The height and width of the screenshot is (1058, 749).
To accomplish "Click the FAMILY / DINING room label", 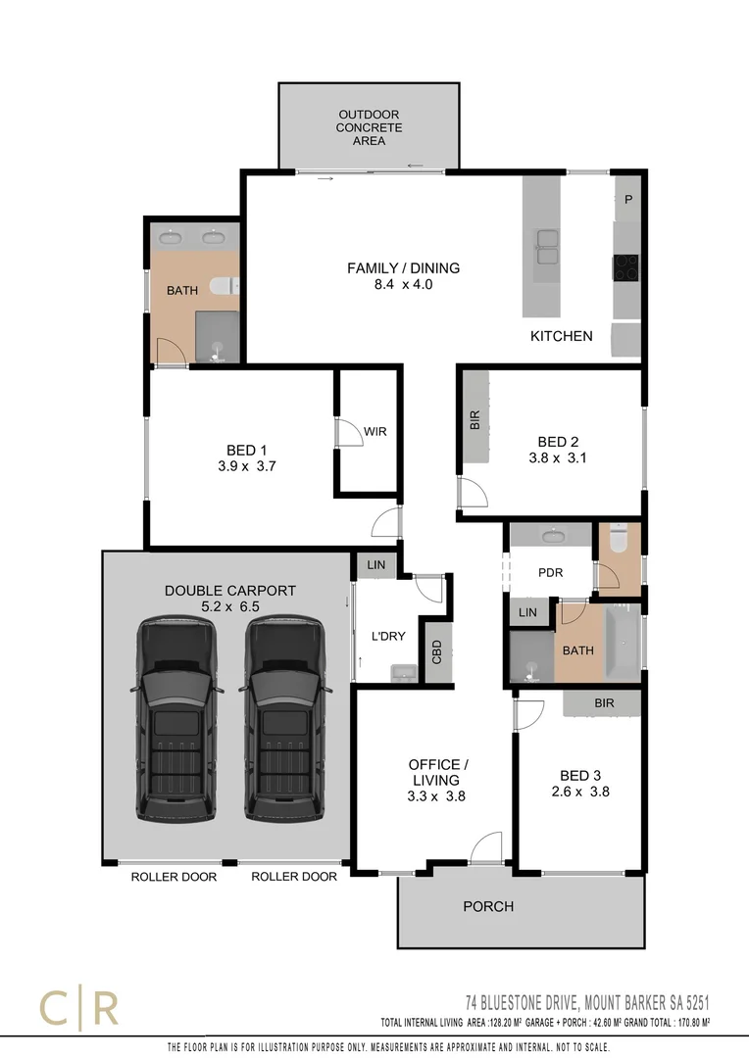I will coord(403,268).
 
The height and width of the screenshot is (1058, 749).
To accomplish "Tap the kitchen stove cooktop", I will coord(626,265).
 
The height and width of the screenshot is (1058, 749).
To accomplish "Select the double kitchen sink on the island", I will coord(546,246).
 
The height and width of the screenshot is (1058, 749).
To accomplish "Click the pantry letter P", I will coord(628,200).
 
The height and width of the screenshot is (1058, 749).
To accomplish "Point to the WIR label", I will coord(375,431).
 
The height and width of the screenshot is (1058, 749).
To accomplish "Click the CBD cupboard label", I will coord(435,651).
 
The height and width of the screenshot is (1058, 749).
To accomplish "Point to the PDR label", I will coord(551,573).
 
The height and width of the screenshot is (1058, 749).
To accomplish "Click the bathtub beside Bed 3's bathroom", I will coord(622,642).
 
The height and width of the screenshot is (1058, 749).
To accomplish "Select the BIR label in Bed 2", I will coord(475,421).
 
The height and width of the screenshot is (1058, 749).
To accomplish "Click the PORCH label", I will coord(488,906).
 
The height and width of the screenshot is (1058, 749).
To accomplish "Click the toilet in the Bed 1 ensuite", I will coord(225,285).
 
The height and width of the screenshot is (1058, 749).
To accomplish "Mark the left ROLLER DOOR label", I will coord(174,877).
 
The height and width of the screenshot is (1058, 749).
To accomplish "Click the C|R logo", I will coord(78,1008).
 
